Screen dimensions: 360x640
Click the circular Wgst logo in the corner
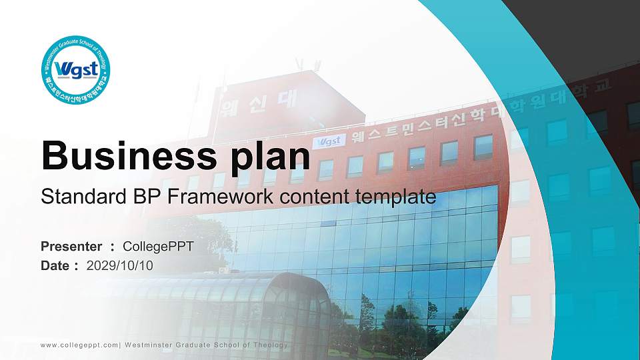pos(75,70)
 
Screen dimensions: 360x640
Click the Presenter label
pos(71,247)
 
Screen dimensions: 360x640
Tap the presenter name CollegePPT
pos(158,247)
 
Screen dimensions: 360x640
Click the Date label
pos(55,266)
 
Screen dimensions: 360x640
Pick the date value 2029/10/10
pos(119,266)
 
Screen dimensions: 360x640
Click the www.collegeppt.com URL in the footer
pos(79,345)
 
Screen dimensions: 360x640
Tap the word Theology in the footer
pos(271,345)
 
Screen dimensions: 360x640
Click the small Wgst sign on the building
pos(329,141)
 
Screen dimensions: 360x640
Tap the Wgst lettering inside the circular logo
pos(76,69)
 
